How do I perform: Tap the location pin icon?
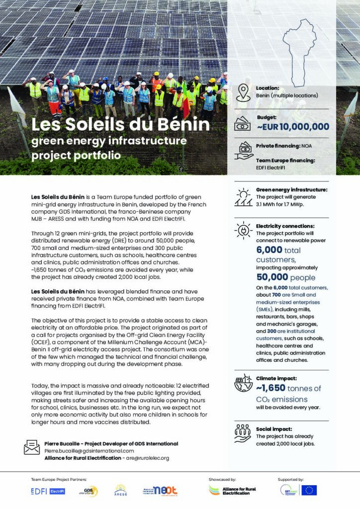pyautogui.click(x=243, y=92)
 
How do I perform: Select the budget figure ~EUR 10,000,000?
pyautogui.click(x=293, y=127)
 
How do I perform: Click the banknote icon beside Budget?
pyautogui.click(x=244, y=124)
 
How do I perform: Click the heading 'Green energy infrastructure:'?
pyautogui.click(x=292, y=189)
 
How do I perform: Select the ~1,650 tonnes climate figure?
pyautogui.click(x=288, y=389)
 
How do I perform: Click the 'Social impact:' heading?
pyautogui.click(x=274, y=428)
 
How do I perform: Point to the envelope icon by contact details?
pyautogui.click(x=32, y=447)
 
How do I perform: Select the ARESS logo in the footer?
pyautogui.click(x=120, y=491)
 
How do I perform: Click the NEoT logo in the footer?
pyautogui.click(x=161, y=491)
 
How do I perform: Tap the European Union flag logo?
pyautogui.click(x=309, y=491)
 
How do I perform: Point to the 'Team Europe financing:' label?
pyautogui.click(x=285, y=161)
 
